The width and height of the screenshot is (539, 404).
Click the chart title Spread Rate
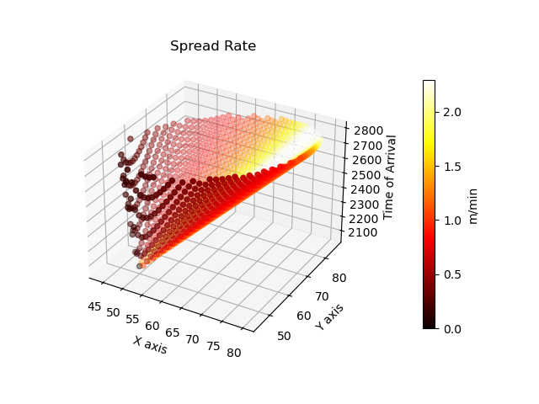(x=213, y=46)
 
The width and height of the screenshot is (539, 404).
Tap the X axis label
(x=150, y=344)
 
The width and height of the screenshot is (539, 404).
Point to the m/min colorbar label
(x=473, y=205)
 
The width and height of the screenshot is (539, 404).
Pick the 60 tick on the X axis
(x=152, y=325)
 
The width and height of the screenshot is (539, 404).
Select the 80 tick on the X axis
(x=234, y=353)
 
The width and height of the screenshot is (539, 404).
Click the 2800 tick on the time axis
(x=368, y=130)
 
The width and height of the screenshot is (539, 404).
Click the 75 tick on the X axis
(x=214, y=346)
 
